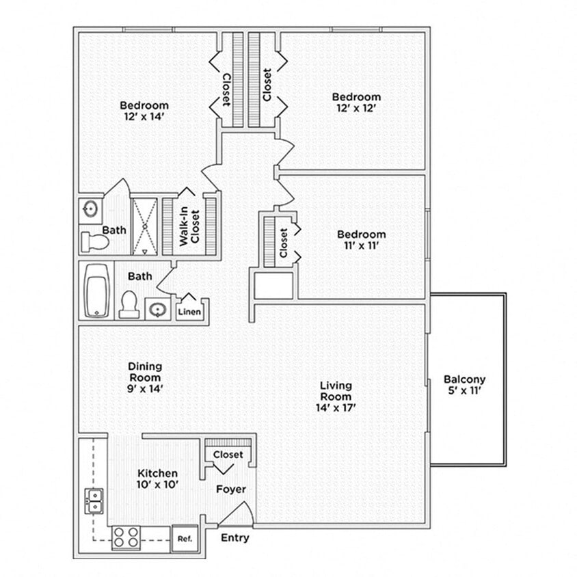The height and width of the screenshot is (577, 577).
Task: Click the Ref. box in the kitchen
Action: click(x=185, y=537)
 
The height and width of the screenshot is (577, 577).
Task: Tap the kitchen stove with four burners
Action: click(x=126, y=537)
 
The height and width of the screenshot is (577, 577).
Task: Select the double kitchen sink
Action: click(x=94, y=500)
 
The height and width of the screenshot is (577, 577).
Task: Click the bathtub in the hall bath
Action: click(x=97, y=291)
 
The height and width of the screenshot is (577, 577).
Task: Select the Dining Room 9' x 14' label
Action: click(x=145, y=377)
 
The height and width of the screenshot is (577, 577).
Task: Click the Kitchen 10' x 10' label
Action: click(x=158, y=479)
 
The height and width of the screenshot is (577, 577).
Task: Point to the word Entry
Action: click(x=234, y=538)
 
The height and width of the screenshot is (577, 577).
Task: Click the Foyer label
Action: click(x=231, y=489)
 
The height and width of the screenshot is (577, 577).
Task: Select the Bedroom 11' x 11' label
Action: click(x=361, y=241)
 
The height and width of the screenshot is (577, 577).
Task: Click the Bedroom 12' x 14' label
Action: click(x=144, y=111)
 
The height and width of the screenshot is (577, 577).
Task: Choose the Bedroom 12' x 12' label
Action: click(x=356, y=103)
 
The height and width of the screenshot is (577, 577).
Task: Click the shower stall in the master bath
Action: click(x=144, y=226)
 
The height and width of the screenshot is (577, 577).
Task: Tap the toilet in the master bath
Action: click(x=94, y=241)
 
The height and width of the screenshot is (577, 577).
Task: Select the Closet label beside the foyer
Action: click(x=228, y=455)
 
